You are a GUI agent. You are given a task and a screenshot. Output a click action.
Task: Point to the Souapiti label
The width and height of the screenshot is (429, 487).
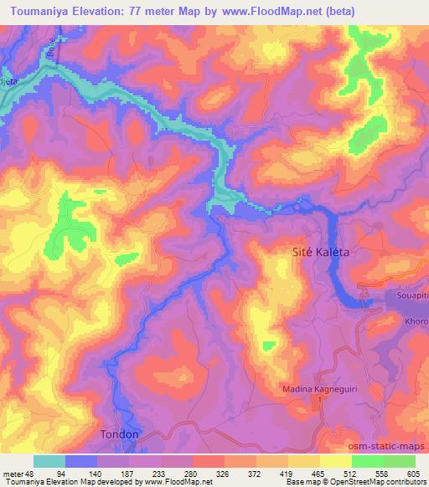(x=411, y=295)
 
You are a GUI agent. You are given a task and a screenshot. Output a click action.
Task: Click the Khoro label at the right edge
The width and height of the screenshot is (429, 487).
(x=416, y=320)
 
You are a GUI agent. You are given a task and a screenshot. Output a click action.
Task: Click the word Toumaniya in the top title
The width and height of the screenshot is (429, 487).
(x=37, y=12)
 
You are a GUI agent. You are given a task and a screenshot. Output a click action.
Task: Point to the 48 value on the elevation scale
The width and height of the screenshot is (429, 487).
(x=34, y=473)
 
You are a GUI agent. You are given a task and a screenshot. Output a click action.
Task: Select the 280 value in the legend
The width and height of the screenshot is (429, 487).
(x=193, y=473)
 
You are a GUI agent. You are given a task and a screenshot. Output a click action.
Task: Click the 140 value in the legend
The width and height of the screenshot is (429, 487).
(x=97, y=473)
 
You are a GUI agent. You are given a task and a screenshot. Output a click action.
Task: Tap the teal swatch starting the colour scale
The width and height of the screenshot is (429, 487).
(x=49, y=461)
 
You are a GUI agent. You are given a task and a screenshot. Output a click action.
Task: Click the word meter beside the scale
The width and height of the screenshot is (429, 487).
(x=14, y=473)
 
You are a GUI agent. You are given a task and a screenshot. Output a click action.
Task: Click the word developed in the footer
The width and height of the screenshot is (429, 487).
(x=111, y=482)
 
